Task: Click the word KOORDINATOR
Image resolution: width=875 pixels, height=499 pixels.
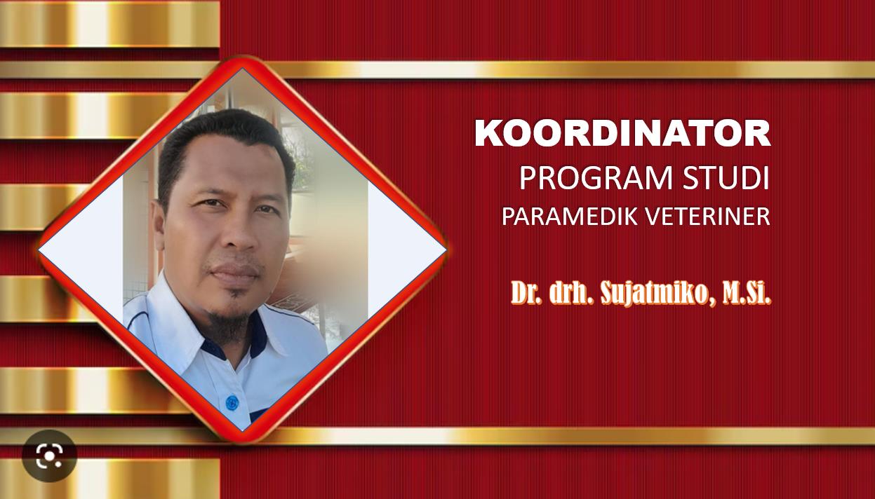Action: click(622, 133)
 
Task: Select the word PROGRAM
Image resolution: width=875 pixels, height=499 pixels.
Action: click(596, 178)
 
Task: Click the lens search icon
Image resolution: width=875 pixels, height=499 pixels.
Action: click(49, 456)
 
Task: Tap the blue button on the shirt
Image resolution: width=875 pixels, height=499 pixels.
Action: click(232, 402)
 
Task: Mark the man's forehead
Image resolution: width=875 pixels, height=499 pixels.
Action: click(230, 168)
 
